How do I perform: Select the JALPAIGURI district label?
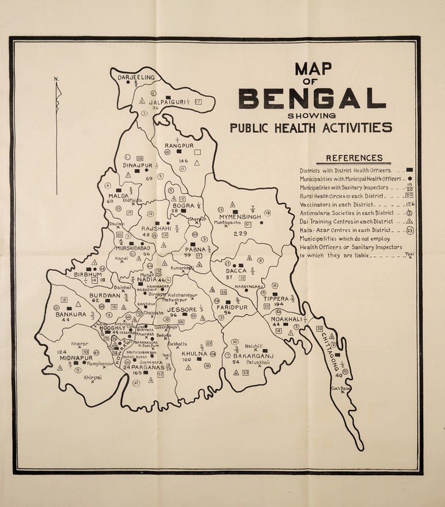point(159,103)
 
